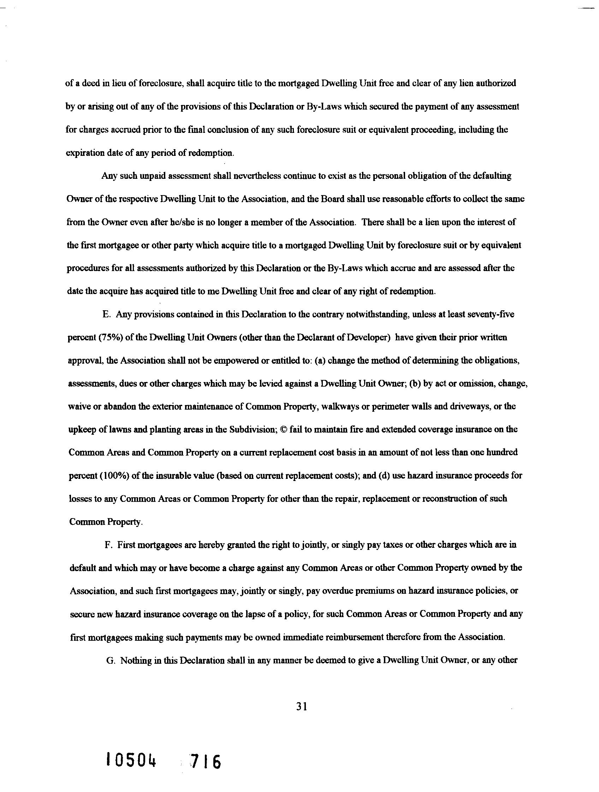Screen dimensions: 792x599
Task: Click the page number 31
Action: click(302, 706)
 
